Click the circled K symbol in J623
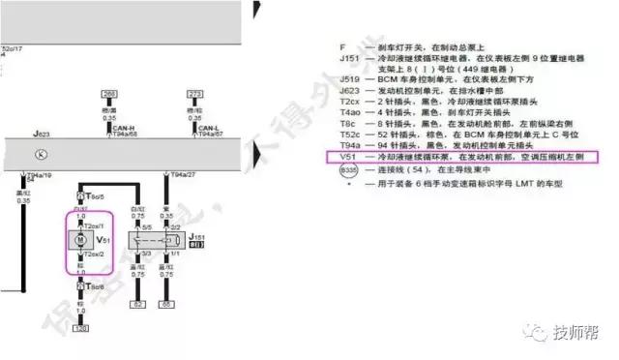pos(40,154)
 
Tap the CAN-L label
pos(208,129)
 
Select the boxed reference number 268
pos(109,95)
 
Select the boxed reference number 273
pos(194,95)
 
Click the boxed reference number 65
pos(166,304)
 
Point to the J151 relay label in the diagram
pos(198,236)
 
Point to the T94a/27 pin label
pos(183,175)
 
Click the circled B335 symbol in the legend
pos(348,170)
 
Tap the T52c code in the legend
pos(349,131)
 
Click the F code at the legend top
pos(342,45)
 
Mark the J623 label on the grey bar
pos(41,134)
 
